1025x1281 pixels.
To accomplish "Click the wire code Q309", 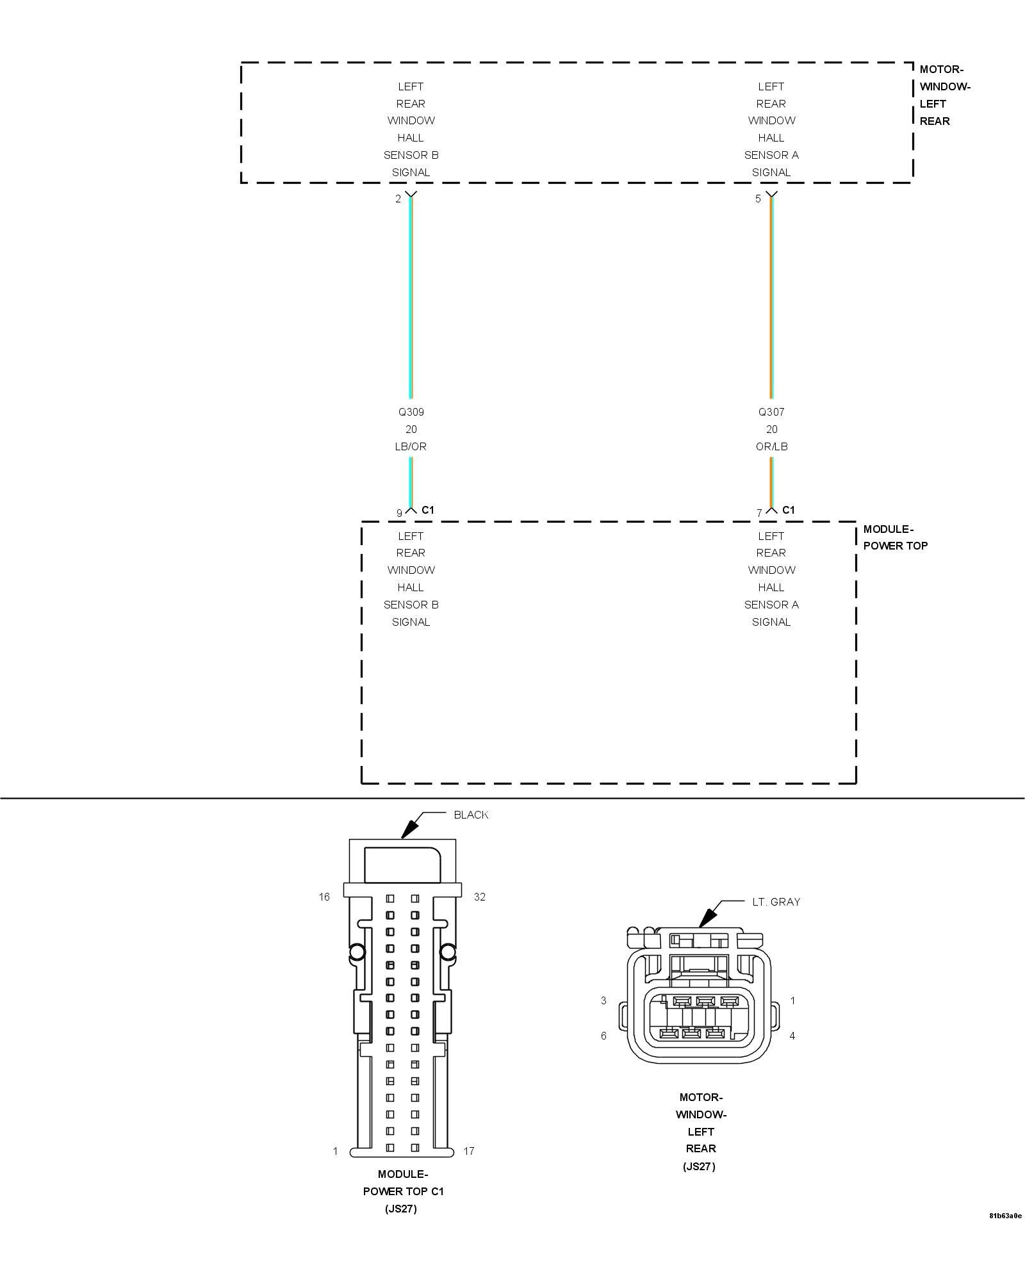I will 411,412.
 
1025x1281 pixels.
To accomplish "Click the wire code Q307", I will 771,412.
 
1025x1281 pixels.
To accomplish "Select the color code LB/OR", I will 411,446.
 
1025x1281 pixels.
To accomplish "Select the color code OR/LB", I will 771,446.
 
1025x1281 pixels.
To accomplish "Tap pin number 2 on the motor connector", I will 398,199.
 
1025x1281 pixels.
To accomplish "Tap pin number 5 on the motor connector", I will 758,199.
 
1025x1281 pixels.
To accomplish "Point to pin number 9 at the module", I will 399,513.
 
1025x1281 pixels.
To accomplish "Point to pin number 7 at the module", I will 759,513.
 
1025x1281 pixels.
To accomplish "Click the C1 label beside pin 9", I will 428,510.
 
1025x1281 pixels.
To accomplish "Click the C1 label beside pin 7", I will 789,510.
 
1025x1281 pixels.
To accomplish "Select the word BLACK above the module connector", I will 471,815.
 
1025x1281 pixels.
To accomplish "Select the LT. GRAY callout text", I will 776,902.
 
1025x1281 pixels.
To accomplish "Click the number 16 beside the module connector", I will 324,897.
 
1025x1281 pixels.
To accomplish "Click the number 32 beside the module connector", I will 480,897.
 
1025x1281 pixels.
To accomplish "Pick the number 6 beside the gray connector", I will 603,1036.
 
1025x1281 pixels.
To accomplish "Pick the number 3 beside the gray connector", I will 603,1000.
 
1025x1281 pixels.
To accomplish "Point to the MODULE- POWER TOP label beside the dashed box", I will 895,537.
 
